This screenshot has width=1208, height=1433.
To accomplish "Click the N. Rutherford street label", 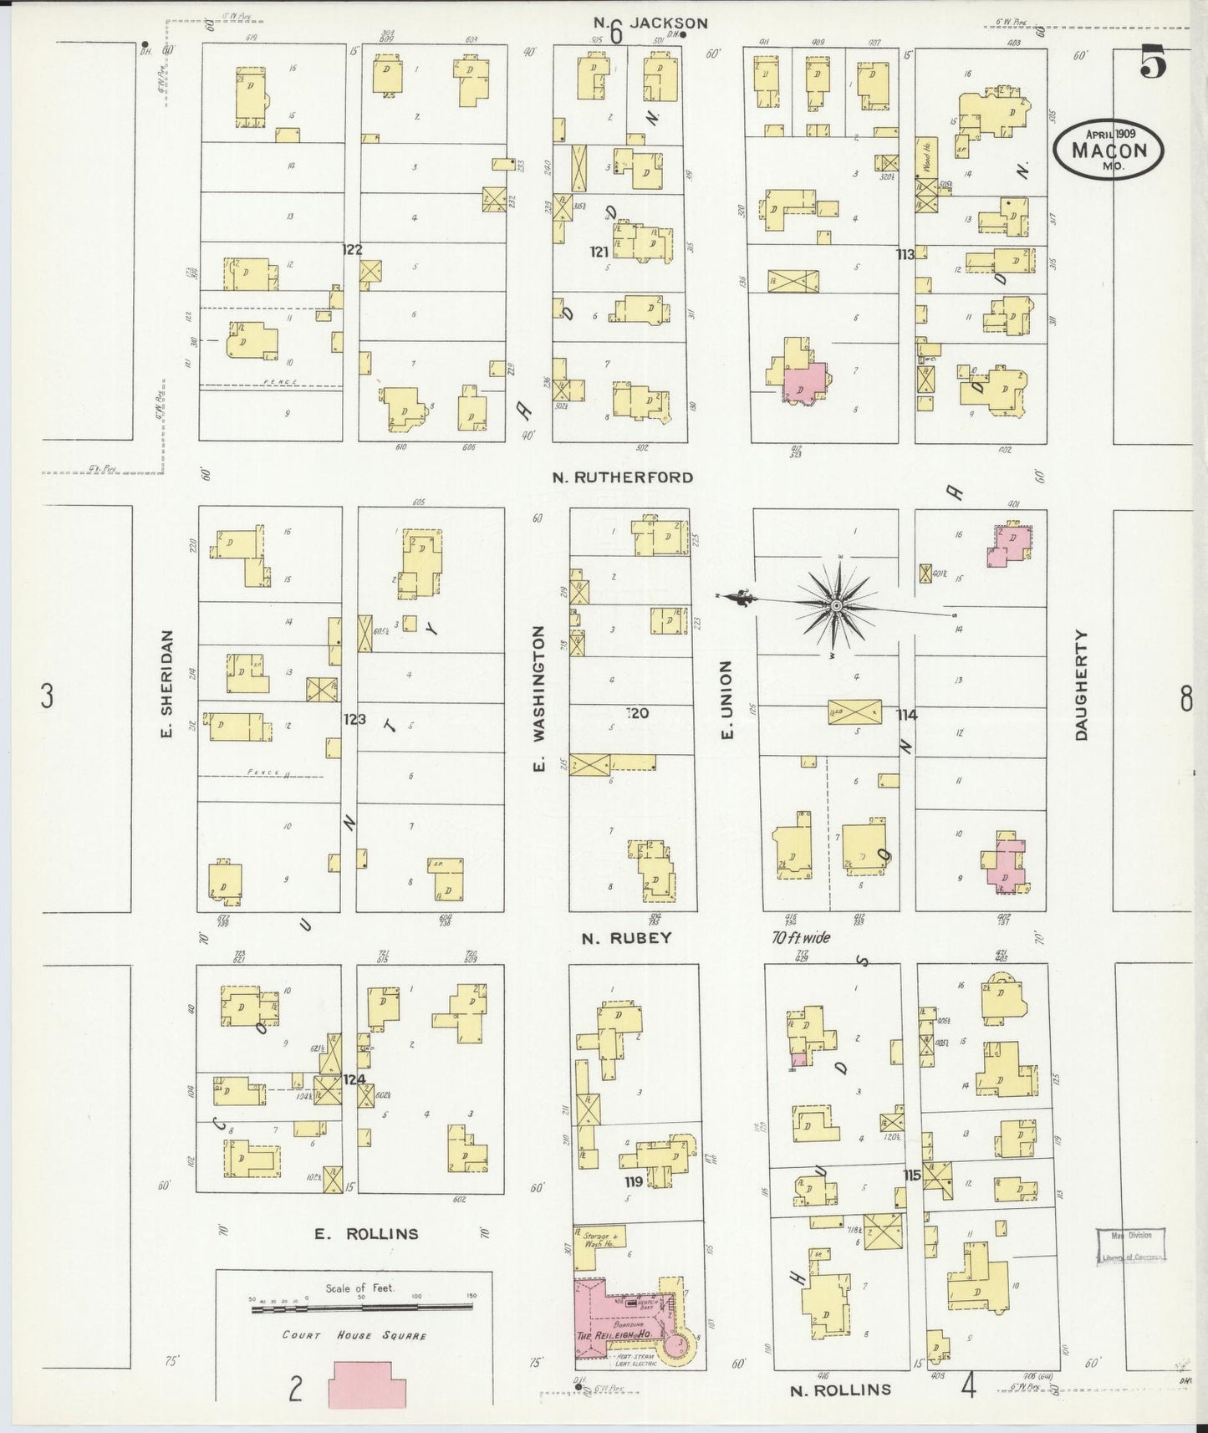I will pyautogui.click(x=622, y=477).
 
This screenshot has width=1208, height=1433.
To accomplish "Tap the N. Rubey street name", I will pyautogui.click(x=626, y=938).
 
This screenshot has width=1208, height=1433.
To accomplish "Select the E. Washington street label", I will pyautogui.click(x=539, y=699).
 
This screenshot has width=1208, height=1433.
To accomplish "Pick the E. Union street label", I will pyautogui.click(x=726, y=699).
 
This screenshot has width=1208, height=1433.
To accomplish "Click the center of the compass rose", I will pyautogui.click(x=835, y=604).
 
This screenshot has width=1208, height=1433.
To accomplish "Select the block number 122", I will pyautogui.click(x=352, y=249).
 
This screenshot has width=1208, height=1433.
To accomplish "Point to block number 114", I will pyautogui.click(x=906, y=715).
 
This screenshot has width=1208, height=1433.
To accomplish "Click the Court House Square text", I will pyautogui.click(x=354, y=1335).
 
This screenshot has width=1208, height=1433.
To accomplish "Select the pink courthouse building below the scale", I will pyautogui.click(x=368, y=1385).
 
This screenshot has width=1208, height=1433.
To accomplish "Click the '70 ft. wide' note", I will pyautogui.click(x=801, y=937).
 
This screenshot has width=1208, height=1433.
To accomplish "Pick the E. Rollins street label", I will pyautogui.click(x=366, y=1233).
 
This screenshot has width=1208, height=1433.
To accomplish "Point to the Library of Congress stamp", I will pyautogui.click(x=1130, y=1246).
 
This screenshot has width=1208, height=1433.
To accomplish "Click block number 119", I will pyautogui.click(x=633, y=1181).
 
